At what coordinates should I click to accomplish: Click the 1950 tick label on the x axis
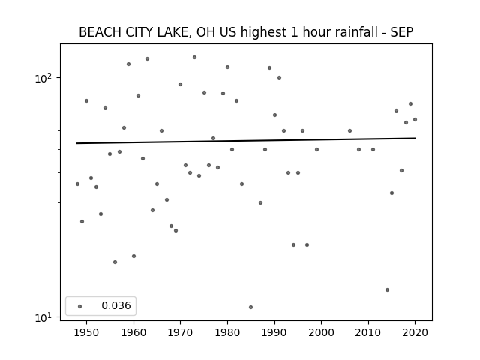click(87, 332)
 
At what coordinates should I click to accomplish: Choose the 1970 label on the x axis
click(180, 332)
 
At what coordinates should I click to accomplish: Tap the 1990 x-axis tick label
click(274, 332)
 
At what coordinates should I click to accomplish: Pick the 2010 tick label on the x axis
click(368, 332)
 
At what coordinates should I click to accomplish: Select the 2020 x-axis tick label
click(415, 332)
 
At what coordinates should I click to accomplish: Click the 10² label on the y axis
click(43, 78)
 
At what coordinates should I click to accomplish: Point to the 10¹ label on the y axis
click(43, 318)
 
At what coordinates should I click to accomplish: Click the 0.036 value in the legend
click(116, 305)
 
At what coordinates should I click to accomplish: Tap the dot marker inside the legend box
click(79, 306)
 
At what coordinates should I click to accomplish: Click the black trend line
click(246, 141)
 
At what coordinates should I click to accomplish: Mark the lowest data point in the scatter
click(250, 307)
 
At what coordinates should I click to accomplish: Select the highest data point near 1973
click(194, 58)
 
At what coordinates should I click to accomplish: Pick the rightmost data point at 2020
click(415, 120)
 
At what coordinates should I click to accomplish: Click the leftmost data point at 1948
click(77, 184)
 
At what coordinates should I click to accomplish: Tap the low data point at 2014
click(387, 290)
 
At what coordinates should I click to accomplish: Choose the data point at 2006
click(349, 131)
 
